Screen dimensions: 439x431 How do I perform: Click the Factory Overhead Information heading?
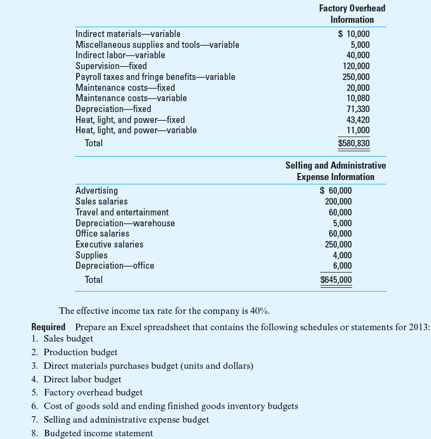click(x=352, y=14)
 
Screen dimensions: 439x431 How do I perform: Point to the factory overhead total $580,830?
click(x=354, y=144)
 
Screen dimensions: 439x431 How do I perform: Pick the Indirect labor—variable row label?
click(x=120, y=55)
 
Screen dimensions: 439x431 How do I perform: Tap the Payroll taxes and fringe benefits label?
click(x=155, y=77)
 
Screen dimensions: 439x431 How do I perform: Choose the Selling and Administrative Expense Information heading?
click(x=335, y=171)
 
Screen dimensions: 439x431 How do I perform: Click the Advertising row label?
click(x=96, y=190)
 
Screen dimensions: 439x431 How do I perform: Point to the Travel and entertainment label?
click(x=122, y=212)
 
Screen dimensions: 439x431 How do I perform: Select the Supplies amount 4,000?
click(x=342, y=255)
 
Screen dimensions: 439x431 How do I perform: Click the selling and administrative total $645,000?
click(x=336, y=280)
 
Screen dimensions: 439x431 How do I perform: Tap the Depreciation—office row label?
click(x=114, y=265)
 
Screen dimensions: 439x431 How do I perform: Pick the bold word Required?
click(x=48, y=327)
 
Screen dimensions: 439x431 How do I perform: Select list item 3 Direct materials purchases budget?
click(x=148, y=366)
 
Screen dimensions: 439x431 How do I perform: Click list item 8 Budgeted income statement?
click(x=98, y=434)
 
